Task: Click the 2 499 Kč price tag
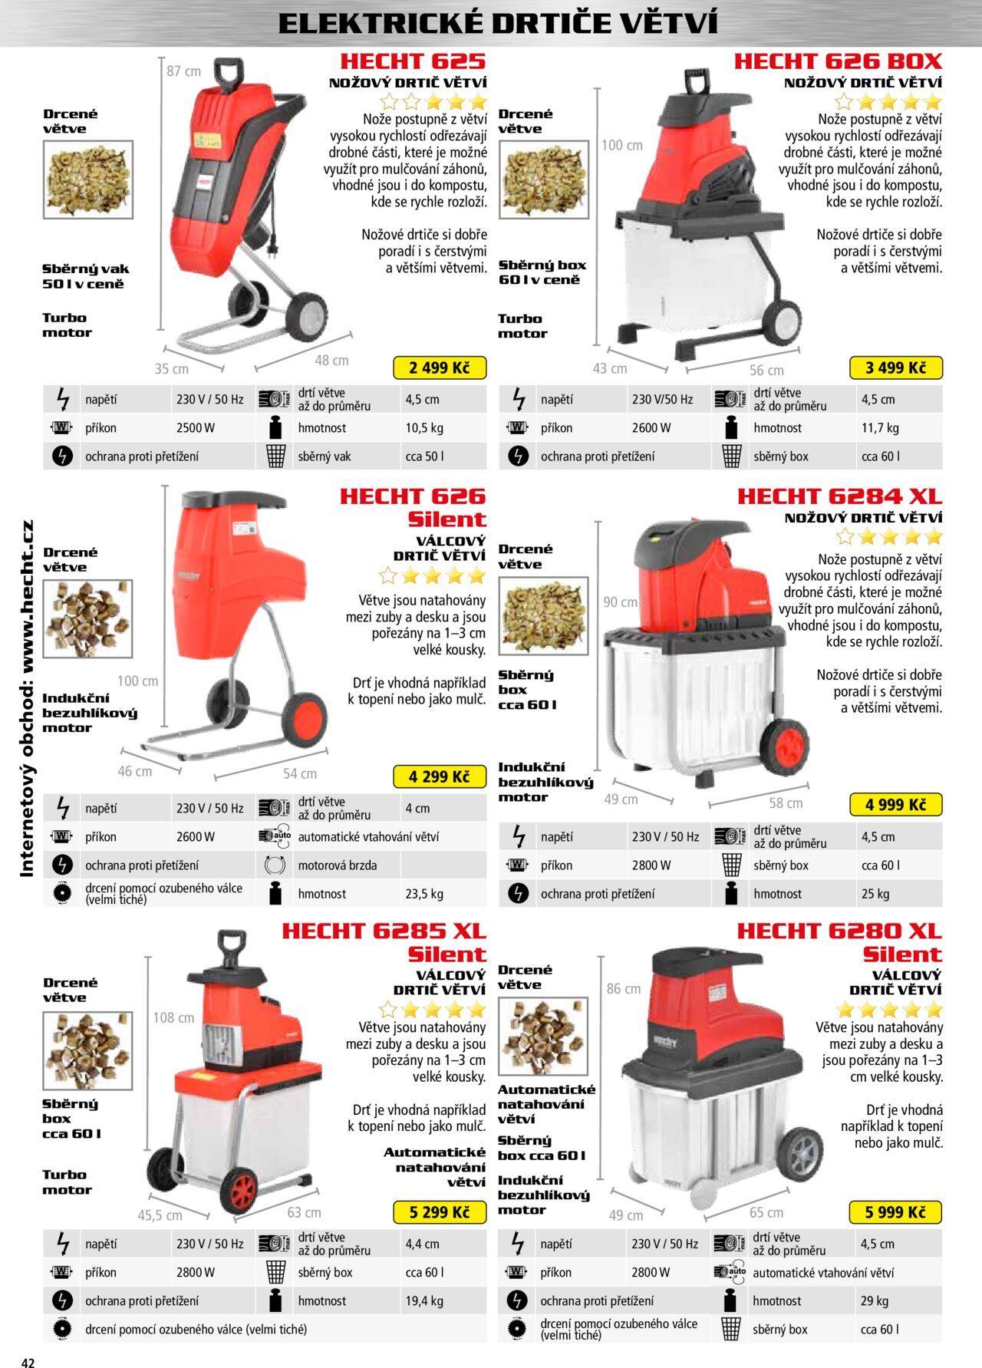(439, 368)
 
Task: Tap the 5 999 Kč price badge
(895, 1212)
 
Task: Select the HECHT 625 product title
(413, 61)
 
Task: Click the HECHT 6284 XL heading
(839, 496)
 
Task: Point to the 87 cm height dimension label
(183, 71)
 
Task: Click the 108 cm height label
(173, 1018)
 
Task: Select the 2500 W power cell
(196, 428)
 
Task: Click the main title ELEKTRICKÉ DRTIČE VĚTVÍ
(498, 24)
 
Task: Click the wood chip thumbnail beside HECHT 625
(87, 180)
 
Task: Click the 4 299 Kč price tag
(439, 776)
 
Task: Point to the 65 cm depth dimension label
(766, 1212)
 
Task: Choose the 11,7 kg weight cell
(879, 428)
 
